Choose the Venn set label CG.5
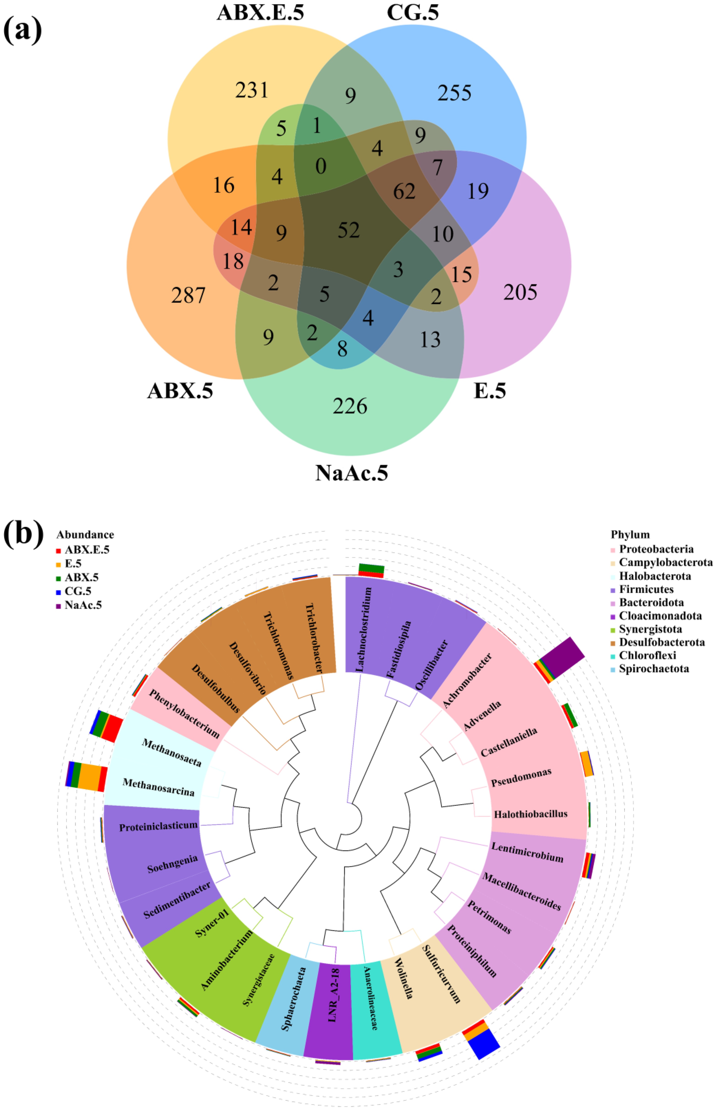(413, 13)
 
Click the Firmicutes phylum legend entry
(646, 589)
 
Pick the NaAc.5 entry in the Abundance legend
(83, 605)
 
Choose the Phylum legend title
(630, 535)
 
